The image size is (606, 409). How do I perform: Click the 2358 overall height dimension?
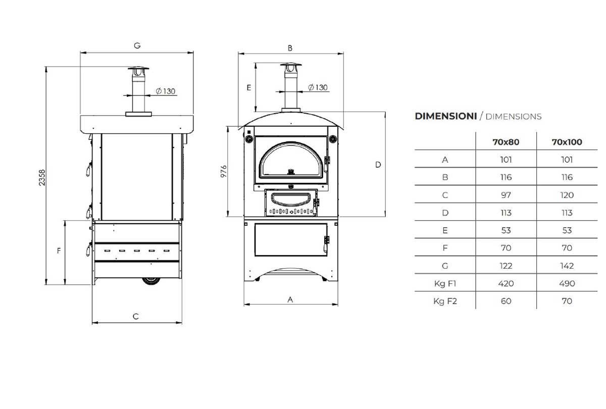[42, 177]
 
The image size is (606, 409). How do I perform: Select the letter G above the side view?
[137, 45]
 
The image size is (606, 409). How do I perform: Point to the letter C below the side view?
[136, 317]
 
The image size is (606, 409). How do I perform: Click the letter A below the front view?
[290, 299]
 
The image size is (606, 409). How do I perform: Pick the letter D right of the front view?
[378, 165]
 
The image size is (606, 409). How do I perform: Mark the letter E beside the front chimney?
[248, 87]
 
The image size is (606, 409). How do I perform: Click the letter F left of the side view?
[59, 250]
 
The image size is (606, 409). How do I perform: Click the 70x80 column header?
[506, 142]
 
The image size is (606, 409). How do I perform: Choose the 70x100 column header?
[567, 142]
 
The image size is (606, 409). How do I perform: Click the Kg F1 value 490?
[567, 283]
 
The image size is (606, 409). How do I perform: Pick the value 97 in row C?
[506, 195]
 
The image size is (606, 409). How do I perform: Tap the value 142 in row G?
[567, 266]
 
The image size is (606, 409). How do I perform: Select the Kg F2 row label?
[445, 301]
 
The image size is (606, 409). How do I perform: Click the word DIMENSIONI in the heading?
[445, 116]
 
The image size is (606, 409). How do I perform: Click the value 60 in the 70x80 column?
[506, 301]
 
